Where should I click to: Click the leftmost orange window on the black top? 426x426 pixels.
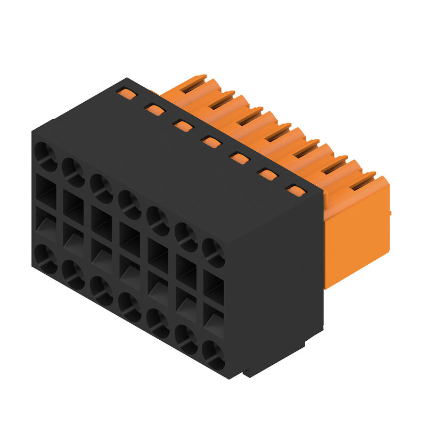tap(126, 94)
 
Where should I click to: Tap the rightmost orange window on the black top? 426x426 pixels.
tap(296, 190)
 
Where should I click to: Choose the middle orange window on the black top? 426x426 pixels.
tap(211, 142)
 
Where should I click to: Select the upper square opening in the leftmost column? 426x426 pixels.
tap(46, 190)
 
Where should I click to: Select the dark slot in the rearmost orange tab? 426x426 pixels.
tap(193, 85)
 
